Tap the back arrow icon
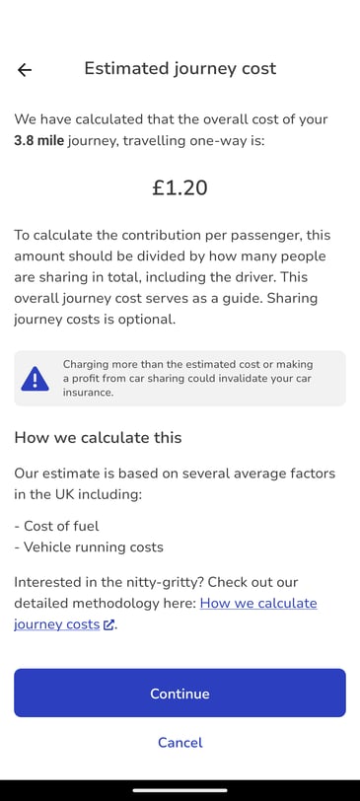tap(25, 69)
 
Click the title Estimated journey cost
tap(180, 68)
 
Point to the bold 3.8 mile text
tap(39, 141)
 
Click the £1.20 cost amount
tap(180, 187)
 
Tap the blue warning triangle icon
tap(35, 378)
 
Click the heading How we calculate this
tap(98, 437)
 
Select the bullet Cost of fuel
tap(61, 526)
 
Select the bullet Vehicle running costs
tap(89, 547)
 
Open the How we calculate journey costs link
tap(258, 603)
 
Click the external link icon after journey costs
tap(108, 624)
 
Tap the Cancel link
tap(180, 742)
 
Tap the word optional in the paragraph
tap(147, 319)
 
